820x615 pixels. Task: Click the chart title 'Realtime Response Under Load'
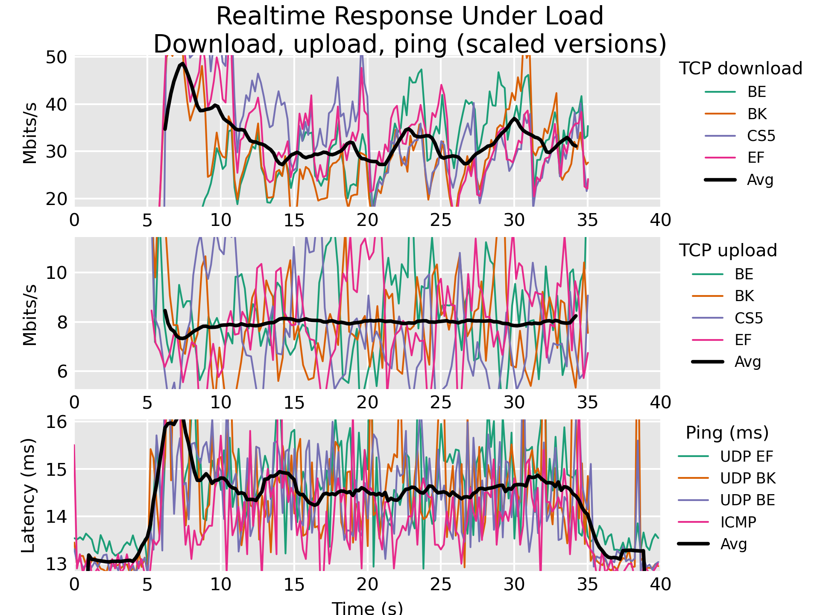tap(410, 16)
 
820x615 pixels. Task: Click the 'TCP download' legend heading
tap(741, 68)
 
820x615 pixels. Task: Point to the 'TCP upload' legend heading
tap(728, 250)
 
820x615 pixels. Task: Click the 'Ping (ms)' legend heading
tap(727, 433)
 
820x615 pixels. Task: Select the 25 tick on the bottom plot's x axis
tap(441, 584)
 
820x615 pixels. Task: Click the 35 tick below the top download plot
tap(587, 220)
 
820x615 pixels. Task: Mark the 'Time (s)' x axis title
tap(367, 607)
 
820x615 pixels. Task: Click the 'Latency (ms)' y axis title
tap(28, 495)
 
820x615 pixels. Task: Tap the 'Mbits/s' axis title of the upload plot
tap(30, 315)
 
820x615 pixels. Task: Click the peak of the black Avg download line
tap(182, 64)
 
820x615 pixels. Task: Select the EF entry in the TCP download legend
tap(756, 158)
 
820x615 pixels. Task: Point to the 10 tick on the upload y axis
tap(56, 272)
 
